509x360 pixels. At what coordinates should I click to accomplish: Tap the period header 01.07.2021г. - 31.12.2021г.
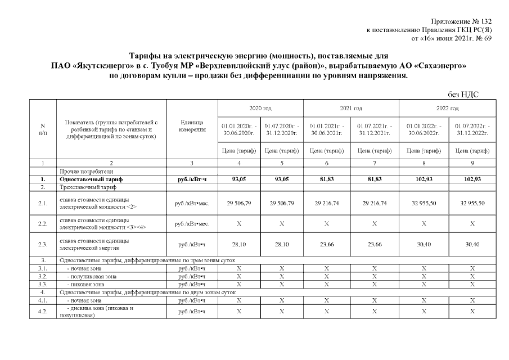375,129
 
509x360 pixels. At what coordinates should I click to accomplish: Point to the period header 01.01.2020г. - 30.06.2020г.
239,129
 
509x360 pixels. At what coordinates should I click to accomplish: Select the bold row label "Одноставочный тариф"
91,179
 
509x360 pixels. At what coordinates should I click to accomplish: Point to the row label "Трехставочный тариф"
85,187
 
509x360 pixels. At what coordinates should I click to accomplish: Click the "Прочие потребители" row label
85,171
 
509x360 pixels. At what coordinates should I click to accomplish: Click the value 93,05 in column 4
239,179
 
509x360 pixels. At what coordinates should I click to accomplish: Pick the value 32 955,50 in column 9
472,203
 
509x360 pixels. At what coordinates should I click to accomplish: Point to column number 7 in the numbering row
375,163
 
